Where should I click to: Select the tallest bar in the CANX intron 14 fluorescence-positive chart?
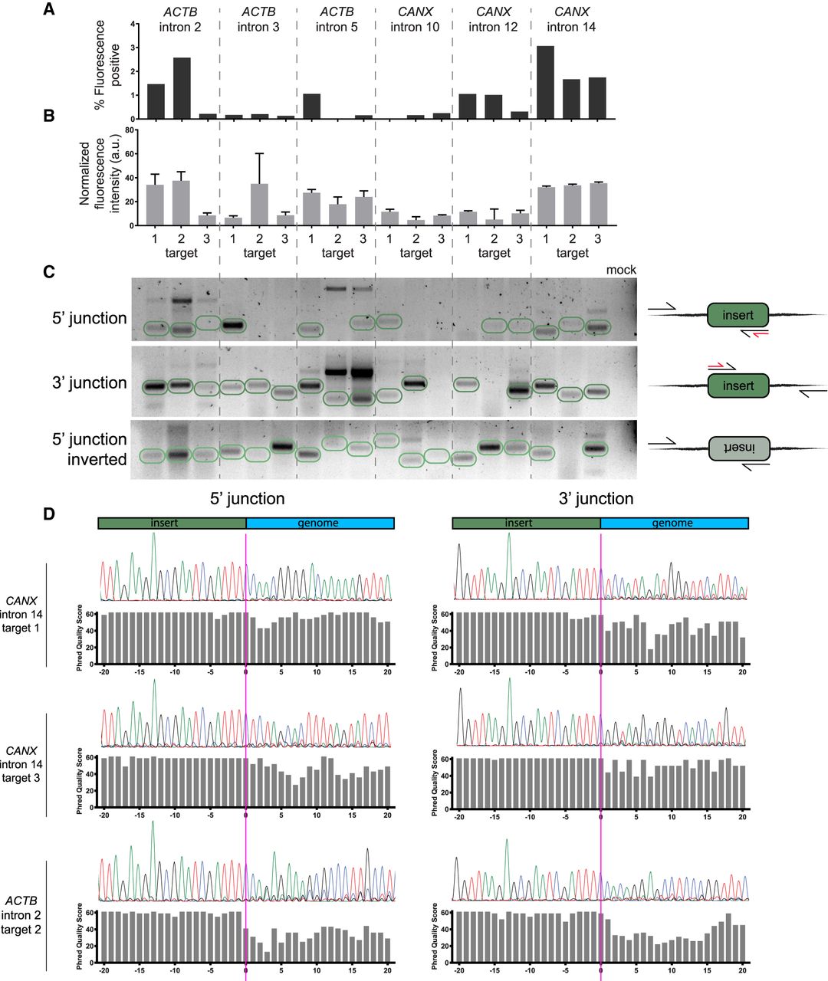[x=545, y=82]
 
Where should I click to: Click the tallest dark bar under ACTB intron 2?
[x=182, y=88]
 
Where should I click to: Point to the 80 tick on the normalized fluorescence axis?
[x=130, y=130]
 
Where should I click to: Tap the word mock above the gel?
[x=622, y=270]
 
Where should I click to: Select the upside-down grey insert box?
[x=738, y=449]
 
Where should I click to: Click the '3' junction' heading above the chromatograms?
[x=595, y=499]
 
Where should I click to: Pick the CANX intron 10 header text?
[x=415, y=20]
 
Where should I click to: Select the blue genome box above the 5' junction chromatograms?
[x=320, y=523]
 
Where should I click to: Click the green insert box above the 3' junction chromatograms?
[x=525, y=523]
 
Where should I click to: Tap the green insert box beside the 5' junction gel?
[x=738, y=315]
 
